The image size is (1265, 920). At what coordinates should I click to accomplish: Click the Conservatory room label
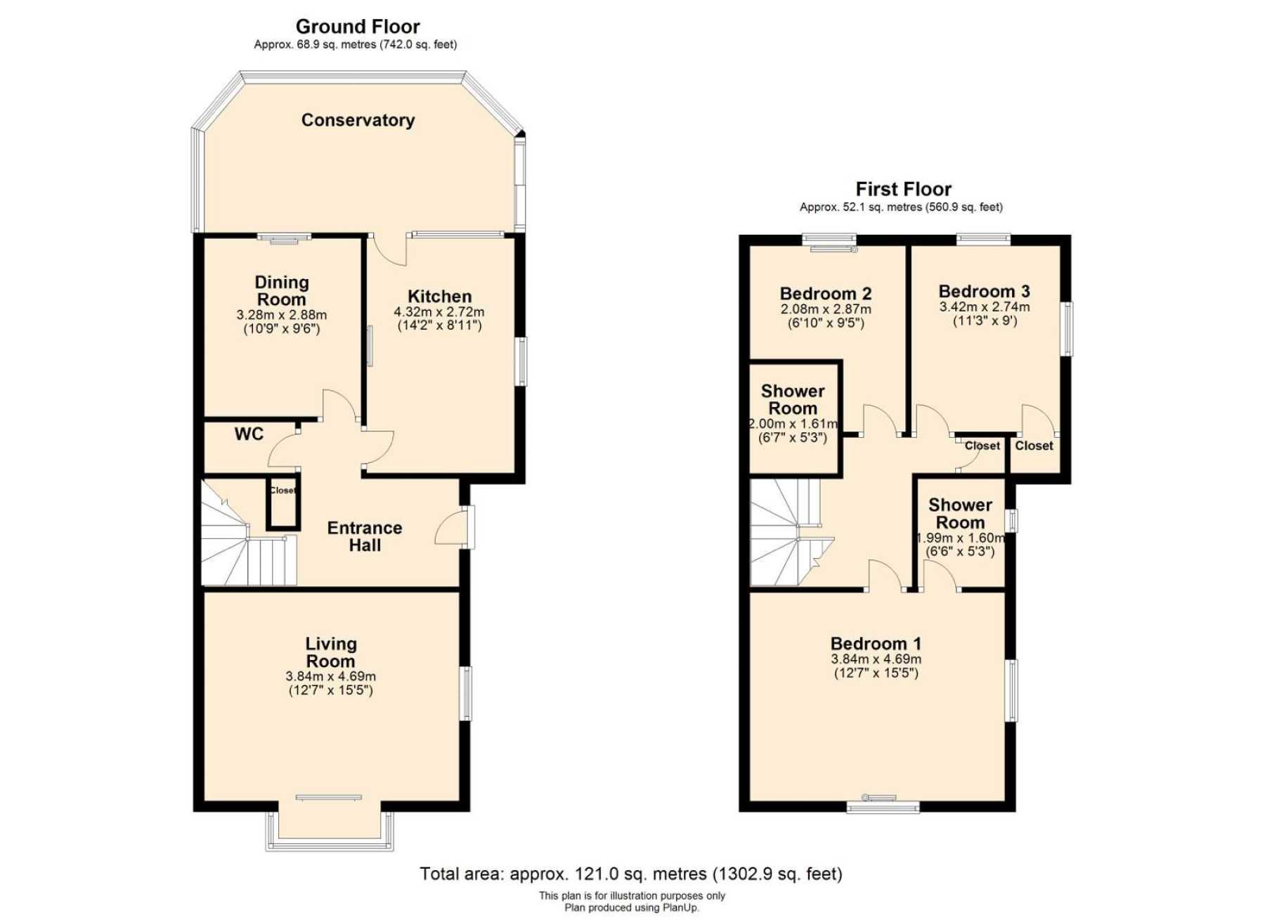coord(358,120)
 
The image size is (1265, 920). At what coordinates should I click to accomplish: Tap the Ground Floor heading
coord(358,27)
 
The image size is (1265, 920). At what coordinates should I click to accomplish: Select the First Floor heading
coord(903,189)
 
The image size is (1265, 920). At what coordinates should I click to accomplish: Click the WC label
coord(249,434)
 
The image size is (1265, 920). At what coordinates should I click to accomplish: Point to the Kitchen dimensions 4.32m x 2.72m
coord(439,311)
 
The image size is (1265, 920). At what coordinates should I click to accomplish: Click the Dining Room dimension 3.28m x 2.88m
coord(282,315)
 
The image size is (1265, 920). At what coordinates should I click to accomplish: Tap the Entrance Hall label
coord(365,536)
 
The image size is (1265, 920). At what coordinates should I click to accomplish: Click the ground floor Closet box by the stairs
coord(283,504)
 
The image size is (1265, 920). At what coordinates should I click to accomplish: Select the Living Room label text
coord(330,652)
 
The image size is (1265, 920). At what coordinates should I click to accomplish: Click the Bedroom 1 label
coord(876,643)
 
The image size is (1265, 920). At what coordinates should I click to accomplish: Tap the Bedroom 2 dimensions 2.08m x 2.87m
coord(826,309)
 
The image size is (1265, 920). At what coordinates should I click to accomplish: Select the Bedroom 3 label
coord(984,291)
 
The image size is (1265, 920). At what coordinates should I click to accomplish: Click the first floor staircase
coord(791,533)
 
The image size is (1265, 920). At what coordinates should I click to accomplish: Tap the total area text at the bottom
coord(630,874)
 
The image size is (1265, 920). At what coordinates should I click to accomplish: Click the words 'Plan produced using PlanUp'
coord(632,907)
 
